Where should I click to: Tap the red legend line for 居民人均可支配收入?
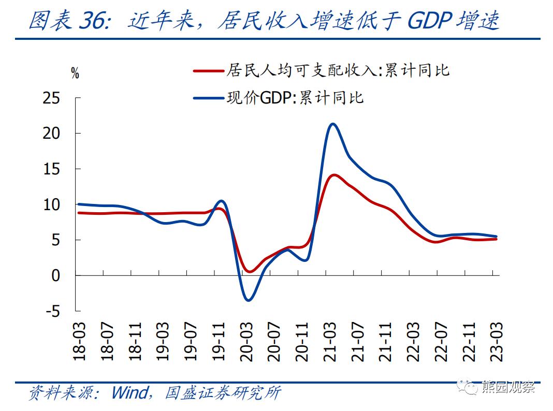tap(208, 70)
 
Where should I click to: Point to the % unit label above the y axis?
tap(75, 74)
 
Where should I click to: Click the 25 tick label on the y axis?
tap(52, 98)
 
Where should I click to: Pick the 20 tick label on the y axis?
tap(52, 134)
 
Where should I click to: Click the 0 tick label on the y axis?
tap(56, 275)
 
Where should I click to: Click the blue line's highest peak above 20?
tap(332, 124)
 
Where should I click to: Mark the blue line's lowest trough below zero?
tap(249, 300)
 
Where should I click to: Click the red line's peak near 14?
tap(333, 175)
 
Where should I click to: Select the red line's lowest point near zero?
tap(249, 271)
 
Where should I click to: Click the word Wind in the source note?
tap(129, 393)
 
